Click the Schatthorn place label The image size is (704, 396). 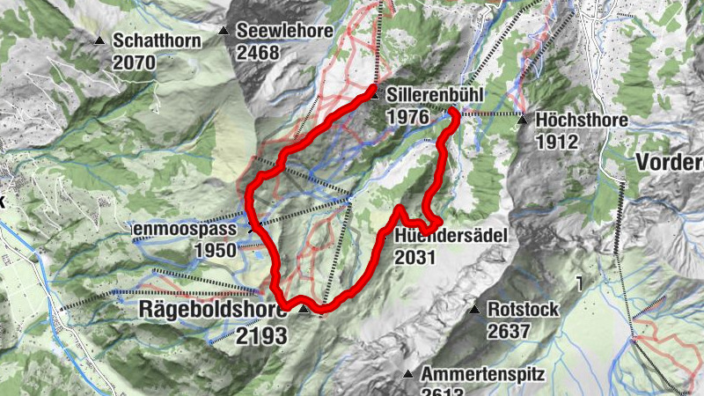tap(157, 40)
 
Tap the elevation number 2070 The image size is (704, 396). tap(134, 62)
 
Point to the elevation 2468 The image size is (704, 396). tap(258, 53)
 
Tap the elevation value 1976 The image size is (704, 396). tap(407, 116)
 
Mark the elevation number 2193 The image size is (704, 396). tap(261, 335)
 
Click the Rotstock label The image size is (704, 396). tap(517, 311)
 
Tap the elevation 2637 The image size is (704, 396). tap(508, 332)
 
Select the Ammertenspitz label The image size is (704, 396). tap(483, 374)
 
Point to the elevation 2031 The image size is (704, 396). tap(416, 257)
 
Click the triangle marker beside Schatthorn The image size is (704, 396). tap(101, 40)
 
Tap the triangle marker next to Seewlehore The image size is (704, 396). tap(224, 32)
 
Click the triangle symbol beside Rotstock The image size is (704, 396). tap(473, 310)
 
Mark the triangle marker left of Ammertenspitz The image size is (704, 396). tap(408, 374)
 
